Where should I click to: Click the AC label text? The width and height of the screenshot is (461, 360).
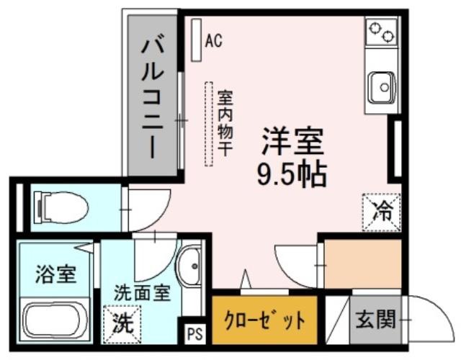point(214,40)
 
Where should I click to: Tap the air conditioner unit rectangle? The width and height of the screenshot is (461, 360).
point(196,40)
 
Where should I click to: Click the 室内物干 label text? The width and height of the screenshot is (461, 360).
point(225,123)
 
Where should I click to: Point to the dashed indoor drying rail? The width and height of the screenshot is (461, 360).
point(209,124)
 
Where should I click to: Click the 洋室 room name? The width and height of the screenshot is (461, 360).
point(292,141)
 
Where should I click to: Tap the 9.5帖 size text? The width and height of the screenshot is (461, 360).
point(292,174)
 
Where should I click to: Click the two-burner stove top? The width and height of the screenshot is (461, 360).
point(381,31)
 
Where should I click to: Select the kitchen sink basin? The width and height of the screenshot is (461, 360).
point(382,87)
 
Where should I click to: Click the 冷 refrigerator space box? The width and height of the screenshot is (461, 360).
point(382,212)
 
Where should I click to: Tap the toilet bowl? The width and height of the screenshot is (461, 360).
point(62,207)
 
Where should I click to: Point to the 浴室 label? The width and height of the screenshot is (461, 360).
point(56,274)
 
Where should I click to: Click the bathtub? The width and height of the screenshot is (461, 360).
point(51,321)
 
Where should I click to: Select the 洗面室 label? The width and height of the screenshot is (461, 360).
point(143,293)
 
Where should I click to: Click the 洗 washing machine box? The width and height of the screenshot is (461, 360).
point(122,325)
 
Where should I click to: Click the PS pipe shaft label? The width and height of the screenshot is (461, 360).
point(195,334)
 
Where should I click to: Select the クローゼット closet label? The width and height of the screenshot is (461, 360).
point(264,320)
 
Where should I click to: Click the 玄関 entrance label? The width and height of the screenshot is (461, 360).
point(375,320)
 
